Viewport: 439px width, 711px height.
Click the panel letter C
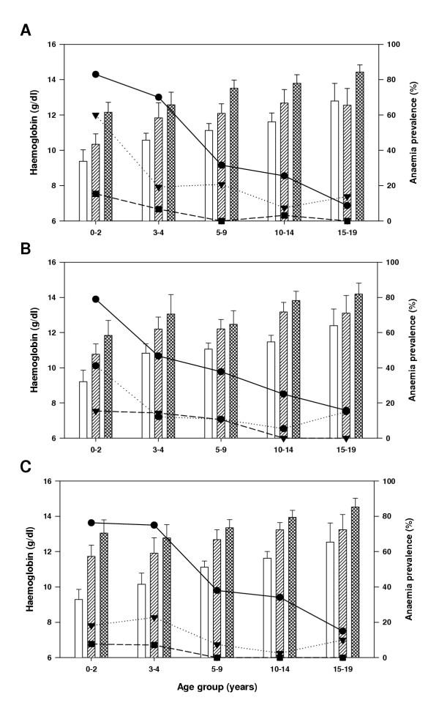click(26, 466)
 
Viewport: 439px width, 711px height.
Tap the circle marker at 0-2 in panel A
click(95, 75)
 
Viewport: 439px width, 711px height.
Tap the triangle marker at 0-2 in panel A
click(95, 116)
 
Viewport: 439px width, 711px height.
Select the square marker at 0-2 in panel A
click(95, 194)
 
